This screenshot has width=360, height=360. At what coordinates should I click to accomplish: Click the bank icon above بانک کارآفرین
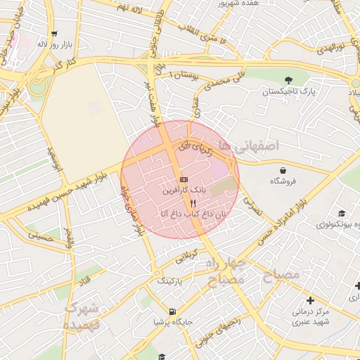click(184, 180)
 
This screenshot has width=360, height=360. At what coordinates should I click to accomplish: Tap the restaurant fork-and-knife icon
click(184, 202)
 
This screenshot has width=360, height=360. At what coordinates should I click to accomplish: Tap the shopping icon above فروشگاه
click(283, 170)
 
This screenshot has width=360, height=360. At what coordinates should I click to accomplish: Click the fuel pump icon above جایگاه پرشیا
click(172, 311)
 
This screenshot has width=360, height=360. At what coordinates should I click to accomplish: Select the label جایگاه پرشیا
click(172, 323)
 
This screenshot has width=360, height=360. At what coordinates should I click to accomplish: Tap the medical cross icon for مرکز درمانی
click(310, 300)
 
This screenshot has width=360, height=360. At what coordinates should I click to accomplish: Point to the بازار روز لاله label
click(56, 44)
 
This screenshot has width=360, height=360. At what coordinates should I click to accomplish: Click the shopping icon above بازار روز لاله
click(54, 33)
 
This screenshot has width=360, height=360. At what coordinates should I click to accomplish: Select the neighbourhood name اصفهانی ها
click(249, 145)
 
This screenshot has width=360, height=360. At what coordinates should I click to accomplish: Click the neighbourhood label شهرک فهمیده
click(82, 316)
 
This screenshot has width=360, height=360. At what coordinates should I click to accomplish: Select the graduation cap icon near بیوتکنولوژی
click(342, 214)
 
